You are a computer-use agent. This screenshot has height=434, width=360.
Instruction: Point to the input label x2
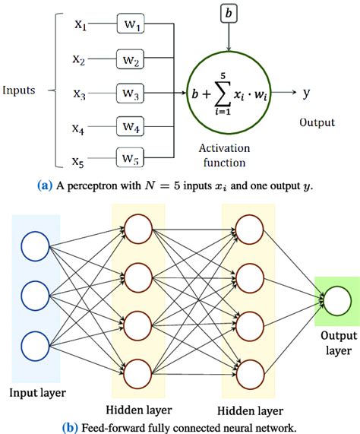pos(80,59)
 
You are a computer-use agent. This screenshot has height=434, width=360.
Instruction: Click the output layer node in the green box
pos(336,303)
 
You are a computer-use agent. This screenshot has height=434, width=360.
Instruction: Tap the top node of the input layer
pos(36,246)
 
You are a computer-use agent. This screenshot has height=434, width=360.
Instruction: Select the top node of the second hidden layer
pos(251,230)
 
